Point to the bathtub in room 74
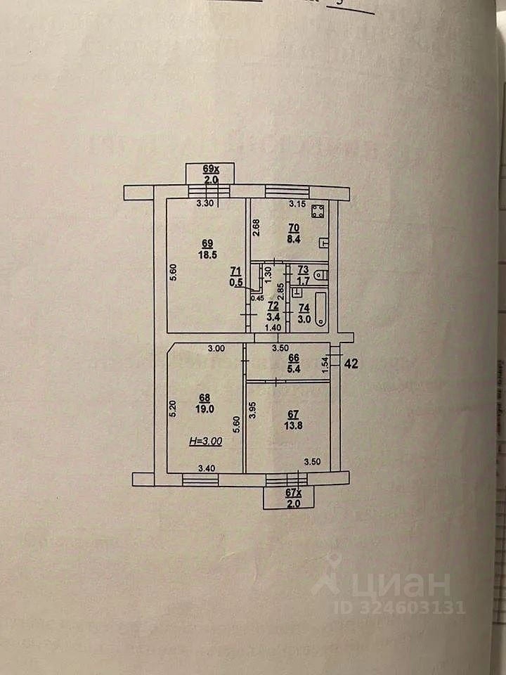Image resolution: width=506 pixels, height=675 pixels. [321, 309]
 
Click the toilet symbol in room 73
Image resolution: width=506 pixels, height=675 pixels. [320, 275]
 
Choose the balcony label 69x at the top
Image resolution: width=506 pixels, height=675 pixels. [211, 169]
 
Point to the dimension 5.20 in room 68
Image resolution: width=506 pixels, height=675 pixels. [173, 411]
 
